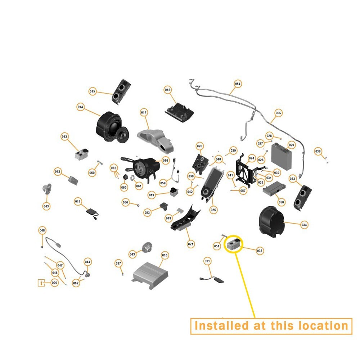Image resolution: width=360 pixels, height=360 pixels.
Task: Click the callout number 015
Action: (x=92, y=91)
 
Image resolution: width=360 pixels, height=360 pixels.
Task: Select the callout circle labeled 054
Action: (x=238, y=84)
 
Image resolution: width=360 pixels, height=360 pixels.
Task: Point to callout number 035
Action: (x=260, y=251)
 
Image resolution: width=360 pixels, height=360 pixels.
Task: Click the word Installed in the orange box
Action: (x=219, y=326)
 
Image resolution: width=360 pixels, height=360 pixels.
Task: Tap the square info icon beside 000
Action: (x=41, y=283)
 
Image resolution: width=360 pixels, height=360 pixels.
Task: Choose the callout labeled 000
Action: (x=54, y=283)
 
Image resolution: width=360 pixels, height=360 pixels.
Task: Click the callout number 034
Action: (x=304, y=225)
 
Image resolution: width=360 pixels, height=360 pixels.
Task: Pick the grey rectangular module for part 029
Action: (x=281, y=157)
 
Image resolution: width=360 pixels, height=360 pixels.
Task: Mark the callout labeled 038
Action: (x=318, y=151)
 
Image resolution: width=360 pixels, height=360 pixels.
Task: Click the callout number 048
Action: (x=42, y=230)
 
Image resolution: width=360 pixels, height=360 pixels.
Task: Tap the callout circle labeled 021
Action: (x=190, y=244)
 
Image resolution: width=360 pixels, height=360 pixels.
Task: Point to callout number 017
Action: (x=144, y=112)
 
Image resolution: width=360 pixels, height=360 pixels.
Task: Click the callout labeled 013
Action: (x=64, y=136)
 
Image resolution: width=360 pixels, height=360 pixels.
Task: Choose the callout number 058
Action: (x=281, y=202)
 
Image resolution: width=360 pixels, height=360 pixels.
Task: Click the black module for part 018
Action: (x=179, y=111)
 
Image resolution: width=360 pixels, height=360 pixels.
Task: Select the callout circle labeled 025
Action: (x=213, y=210)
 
